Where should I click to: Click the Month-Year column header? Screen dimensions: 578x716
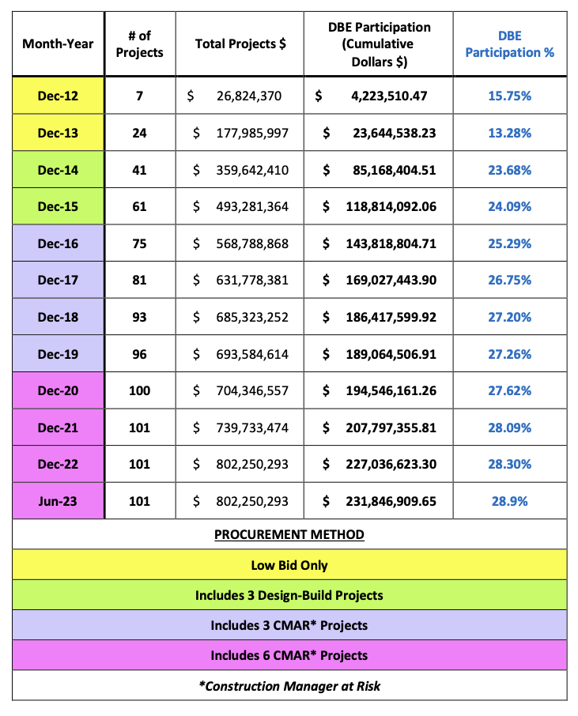coord(58,43)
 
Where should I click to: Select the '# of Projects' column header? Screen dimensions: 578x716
coord(139,43)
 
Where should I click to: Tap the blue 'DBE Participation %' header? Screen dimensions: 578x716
coord(509,43)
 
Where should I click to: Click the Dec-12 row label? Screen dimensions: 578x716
coord(58,96)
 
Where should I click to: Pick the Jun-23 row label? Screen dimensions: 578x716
coord(58,501)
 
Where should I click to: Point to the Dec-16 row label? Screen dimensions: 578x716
coord(58,243)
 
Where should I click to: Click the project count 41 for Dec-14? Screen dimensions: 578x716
coord(139,170)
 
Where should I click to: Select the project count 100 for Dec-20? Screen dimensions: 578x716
coord(139,390)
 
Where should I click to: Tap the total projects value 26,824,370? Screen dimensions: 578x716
coord(249,96)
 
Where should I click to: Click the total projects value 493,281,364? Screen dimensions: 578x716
coord(252,206)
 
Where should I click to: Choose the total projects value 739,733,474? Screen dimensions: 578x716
coord(252,428)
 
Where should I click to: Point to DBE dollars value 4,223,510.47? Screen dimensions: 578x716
coord(389,96)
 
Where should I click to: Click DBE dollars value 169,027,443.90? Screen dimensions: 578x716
coord(391,280)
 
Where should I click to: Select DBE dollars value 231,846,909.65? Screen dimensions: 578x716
coord(391,501)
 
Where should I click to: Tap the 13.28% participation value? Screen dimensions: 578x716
coord(509,133)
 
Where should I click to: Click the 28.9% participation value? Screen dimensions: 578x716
coord(509,501)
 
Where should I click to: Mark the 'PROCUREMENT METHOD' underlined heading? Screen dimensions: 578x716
coord(289,534)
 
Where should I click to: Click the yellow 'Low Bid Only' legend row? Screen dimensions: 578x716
coord(289,565)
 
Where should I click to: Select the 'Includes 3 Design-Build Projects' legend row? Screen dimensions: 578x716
coord(289,595)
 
